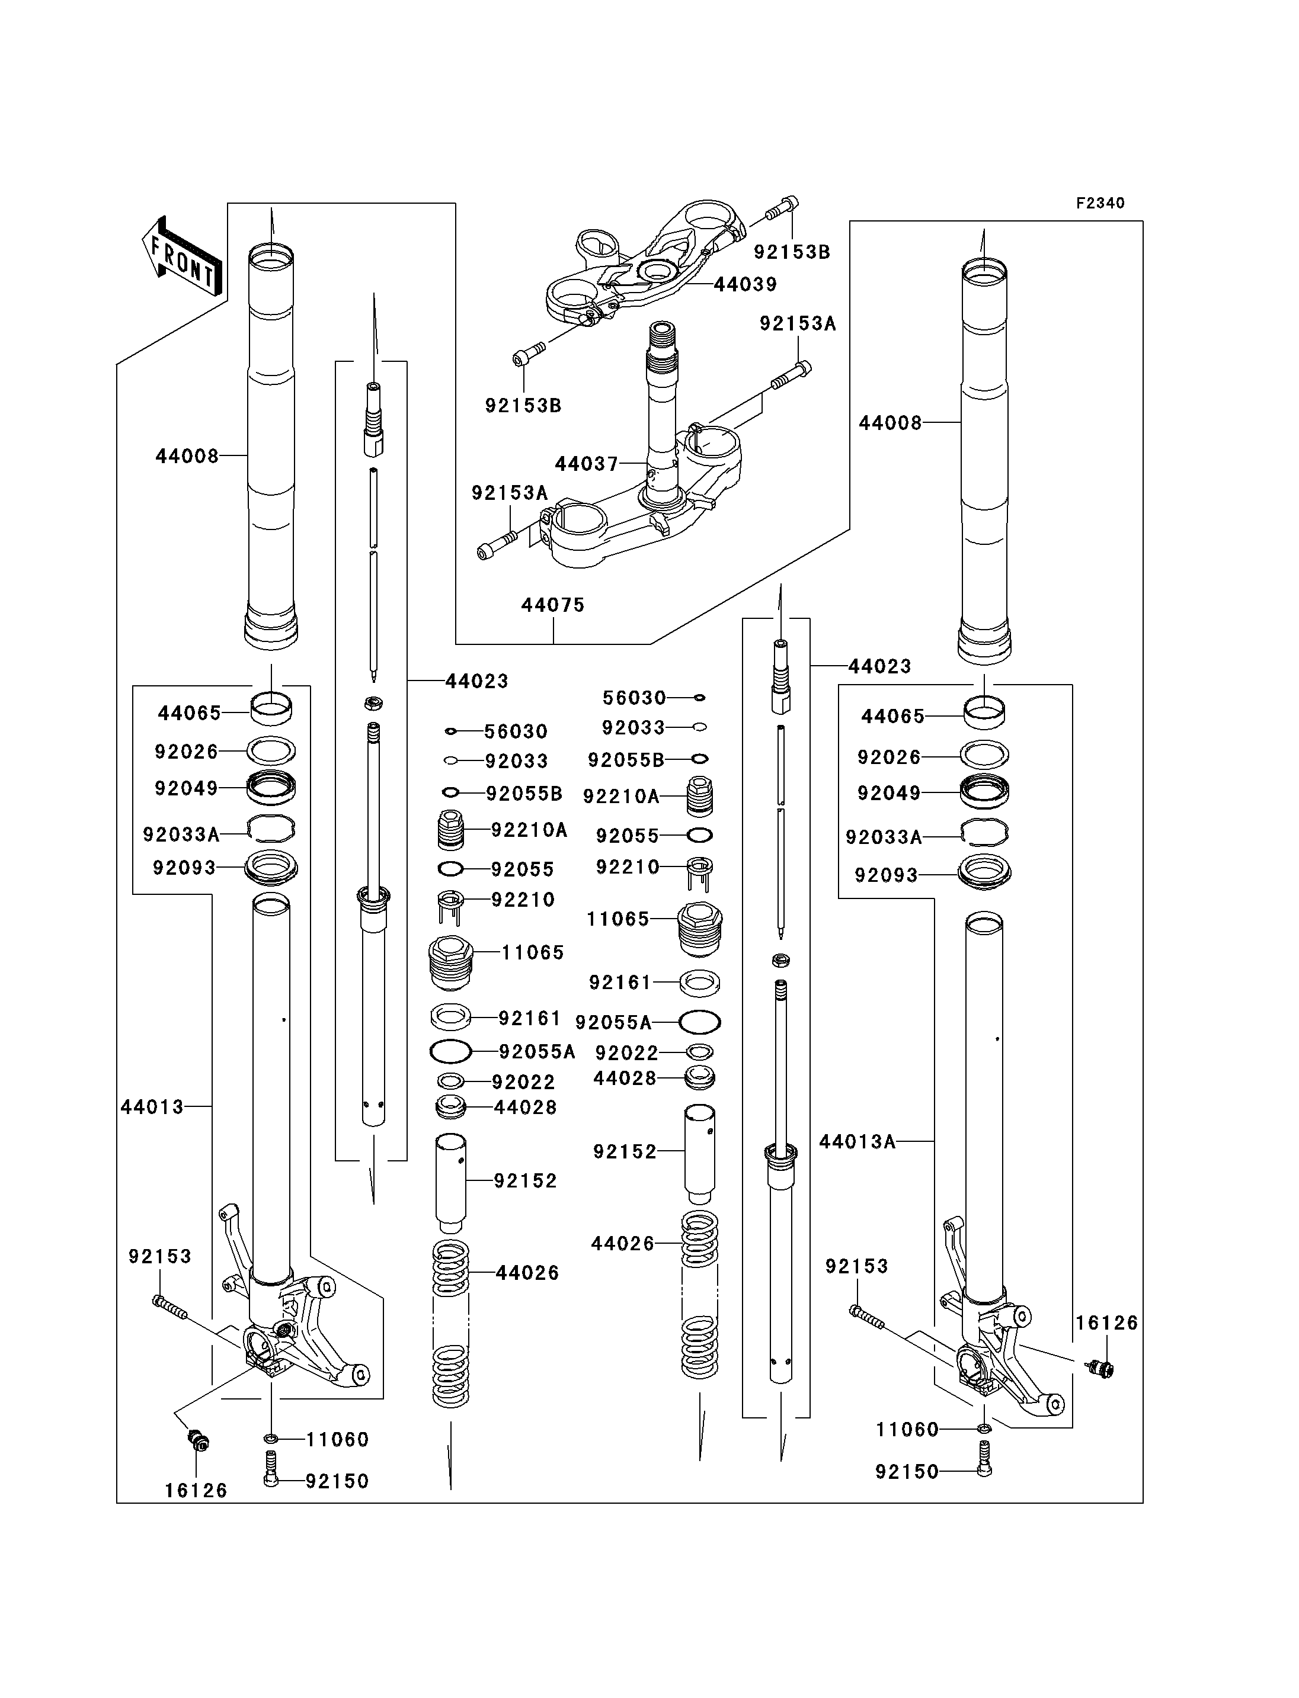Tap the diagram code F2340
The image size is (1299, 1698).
[1100, 203]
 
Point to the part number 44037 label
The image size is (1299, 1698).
[586, 464]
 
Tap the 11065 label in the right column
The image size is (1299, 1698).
[618, 919]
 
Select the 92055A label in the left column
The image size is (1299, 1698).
[537, 1052]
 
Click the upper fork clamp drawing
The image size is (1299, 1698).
[649, 263]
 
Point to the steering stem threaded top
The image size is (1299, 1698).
[663, 340]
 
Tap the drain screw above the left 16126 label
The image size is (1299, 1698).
[199, 1440]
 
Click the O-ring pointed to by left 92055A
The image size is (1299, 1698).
[450, 1052]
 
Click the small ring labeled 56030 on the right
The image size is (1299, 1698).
[700, 698]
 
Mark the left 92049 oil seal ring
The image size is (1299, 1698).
[271, 788]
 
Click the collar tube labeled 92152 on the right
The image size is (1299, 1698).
[699, 1154]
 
